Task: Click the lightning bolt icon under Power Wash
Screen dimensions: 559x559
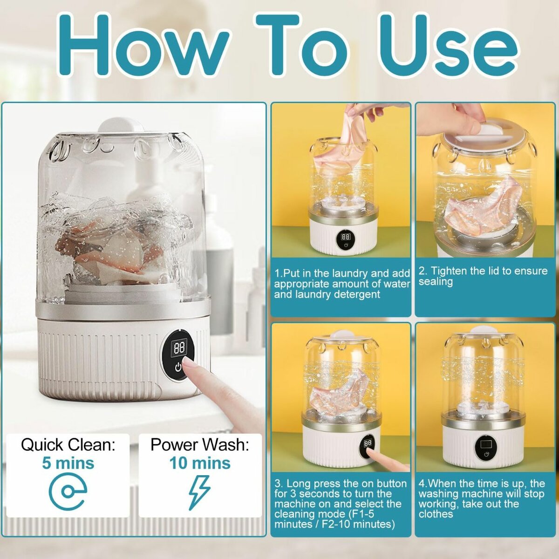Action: click(x=199, y=492)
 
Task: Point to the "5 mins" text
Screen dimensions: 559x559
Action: click(x=68, y=463)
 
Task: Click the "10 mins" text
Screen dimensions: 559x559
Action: click(x=199, y=463)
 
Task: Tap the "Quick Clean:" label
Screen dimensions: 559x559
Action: click(x=68, y=444)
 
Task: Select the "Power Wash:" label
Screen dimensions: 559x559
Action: click(x=199, y=444)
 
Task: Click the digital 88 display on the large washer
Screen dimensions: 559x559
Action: click(x=178, y=348)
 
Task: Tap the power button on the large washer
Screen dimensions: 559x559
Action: click(x=178, y=368)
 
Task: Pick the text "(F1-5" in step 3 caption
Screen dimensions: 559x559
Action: click(x=371, y=514)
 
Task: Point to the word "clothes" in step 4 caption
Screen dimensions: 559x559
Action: click(x=436, y=514)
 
